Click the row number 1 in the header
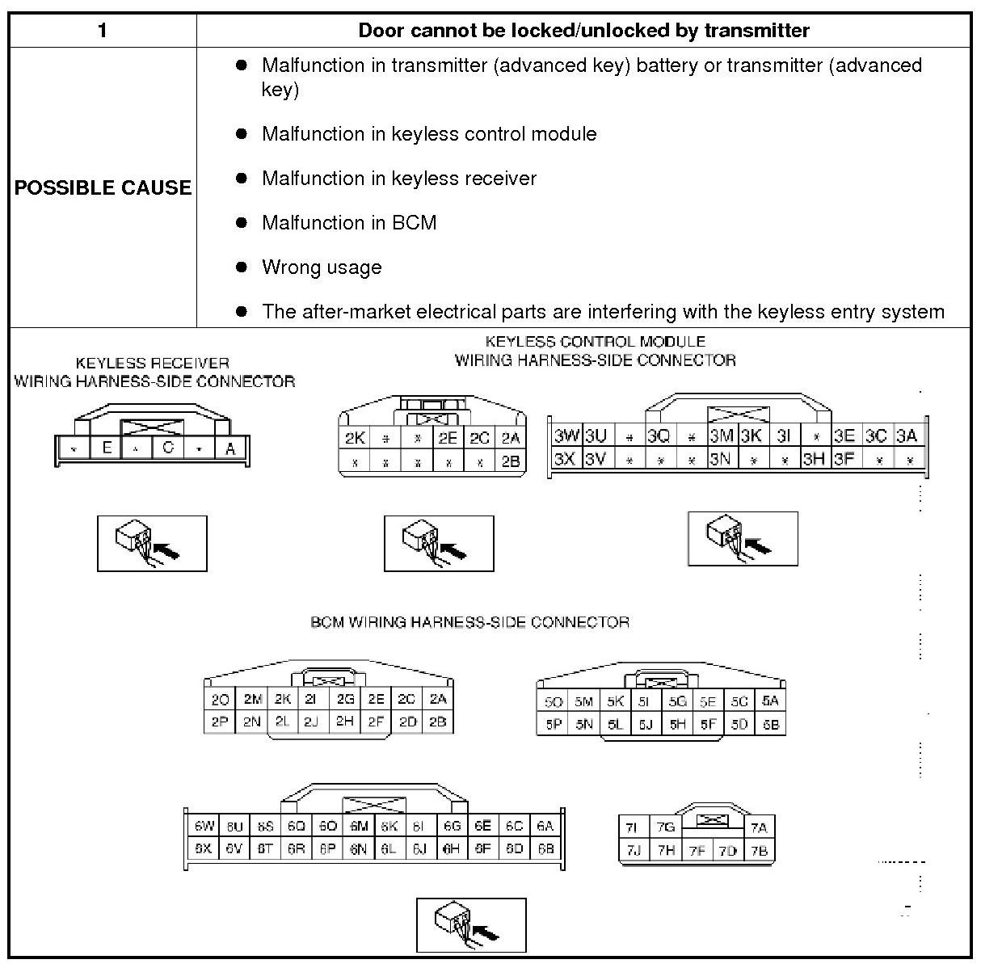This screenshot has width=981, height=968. coord(102,31)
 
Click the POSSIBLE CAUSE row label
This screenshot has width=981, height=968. coord(103,187)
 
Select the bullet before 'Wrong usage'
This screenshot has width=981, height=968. coord(241,267)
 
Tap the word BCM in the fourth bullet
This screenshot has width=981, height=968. coord(414,223)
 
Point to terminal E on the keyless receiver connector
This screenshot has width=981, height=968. coord(106,448)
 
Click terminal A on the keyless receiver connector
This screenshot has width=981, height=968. coord(230,448)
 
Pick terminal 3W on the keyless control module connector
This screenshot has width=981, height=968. coord(566,436)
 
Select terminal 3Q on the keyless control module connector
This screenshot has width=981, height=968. coord(659,436)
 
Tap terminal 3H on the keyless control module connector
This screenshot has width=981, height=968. coord(813,459)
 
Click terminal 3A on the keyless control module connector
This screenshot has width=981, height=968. coord(907,436)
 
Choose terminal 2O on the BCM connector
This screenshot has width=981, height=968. coord(220,700)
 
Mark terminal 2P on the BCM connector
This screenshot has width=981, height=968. coord(220,722)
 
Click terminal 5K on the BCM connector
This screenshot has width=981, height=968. coord(615,701)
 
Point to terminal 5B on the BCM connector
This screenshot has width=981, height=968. coord(770,724)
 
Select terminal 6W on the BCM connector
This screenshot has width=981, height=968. coord(204,826)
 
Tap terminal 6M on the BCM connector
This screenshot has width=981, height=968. coord(359,826)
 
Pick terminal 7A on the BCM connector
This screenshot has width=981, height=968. coord(758,827)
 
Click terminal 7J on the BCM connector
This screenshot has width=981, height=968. coord(633,850)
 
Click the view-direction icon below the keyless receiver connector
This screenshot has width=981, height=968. coord(152,543)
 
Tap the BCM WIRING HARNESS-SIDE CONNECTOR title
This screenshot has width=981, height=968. coord(469,622)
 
